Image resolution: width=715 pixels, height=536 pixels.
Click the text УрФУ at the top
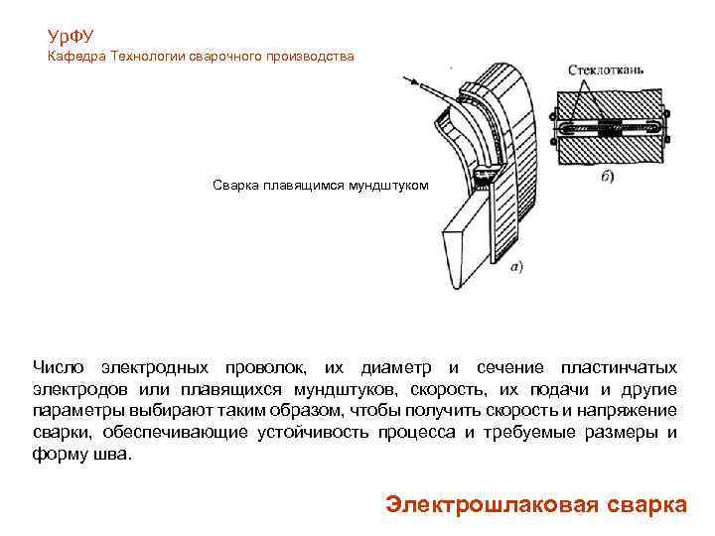click(x=71, y=37)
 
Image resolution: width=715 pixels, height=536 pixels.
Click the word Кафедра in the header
click(x=77, y=58)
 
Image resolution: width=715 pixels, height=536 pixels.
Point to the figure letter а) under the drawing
click(x=516, y=265)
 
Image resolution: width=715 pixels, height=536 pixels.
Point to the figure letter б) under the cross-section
click(x=607, y=178)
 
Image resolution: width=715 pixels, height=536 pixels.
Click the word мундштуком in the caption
click(x=391, y=185)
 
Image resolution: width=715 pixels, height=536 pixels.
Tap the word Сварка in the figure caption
click(x=236, y=185)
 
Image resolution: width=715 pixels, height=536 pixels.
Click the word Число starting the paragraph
click(x=60, y=368)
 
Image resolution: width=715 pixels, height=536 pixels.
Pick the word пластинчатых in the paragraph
click(x=619, y=368)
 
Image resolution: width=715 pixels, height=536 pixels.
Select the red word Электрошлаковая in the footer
click(x=489, y=503)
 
